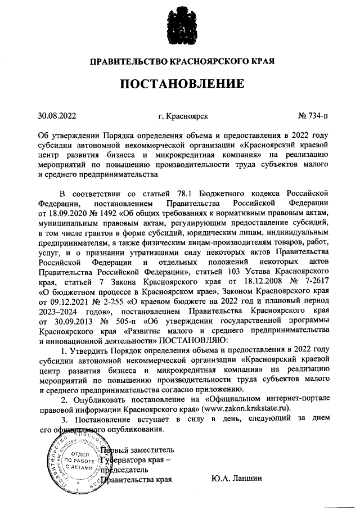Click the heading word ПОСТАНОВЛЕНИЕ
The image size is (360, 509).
tap(181, 84)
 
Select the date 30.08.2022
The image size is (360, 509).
tap(57, 116)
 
